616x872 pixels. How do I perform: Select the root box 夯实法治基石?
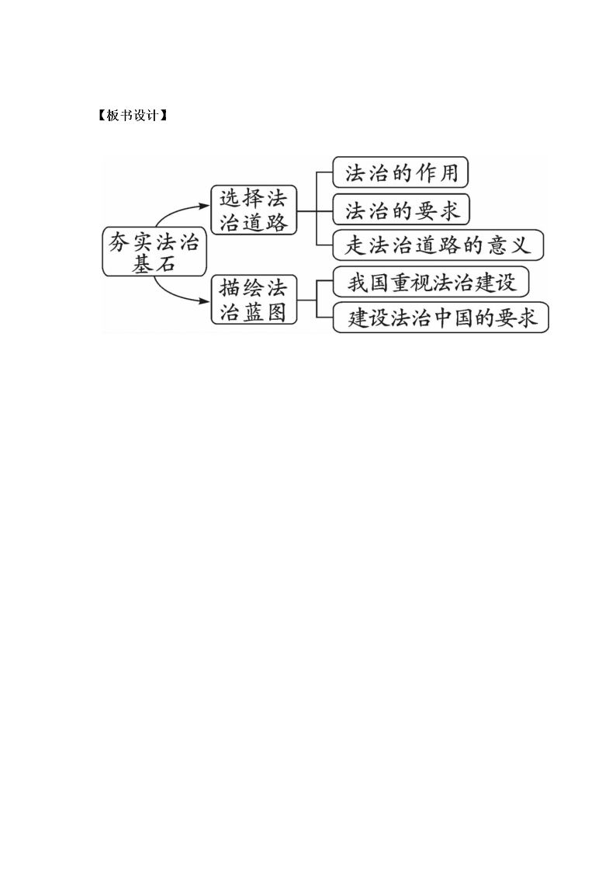[154, 252]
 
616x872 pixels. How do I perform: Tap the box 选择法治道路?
[254, 210]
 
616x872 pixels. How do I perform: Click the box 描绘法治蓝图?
[254, 301]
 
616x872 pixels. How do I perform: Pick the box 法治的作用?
[400, 172]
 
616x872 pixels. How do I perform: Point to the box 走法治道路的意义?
[438, 245]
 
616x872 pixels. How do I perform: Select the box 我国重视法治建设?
[431, 283]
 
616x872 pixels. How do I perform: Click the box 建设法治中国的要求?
[441, 318]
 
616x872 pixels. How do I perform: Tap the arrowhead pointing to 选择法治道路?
[206, 206]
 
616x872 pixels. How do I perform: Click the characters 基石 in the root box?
[154, 264]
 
